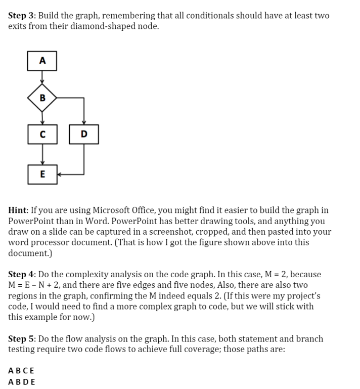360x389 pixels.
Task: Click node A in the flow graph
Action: point(42,61)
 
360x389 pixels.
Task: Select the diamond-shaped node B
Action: point(42,97)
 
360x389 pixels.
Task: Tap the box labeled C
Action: point(42,134)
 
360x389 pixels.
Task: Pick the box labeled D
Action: point(83,134)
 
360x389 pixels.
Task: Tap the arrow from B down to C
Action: point(42,116)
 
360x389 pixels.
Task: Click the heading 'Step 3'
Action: point(21,16)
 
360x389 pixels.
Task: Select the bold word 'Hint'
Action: point(20,210)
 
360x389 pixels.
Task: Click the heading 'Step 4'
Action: point(21,275)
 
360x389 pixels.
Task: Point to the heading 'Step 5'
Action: point(21,339)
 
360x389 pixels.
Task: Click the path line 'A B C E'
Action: point(22,371)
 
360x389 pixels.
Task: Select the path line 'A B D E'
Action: point(22,382)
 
